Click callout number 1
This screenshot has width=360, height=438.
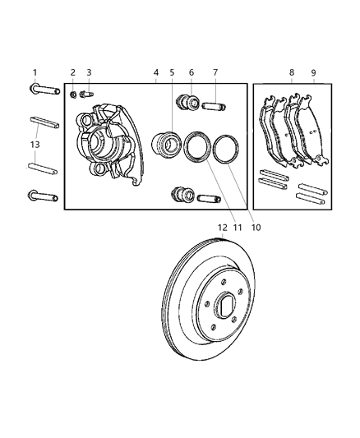pyautogui.click(x=35, y=72)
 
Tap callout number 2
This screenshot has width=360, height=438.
pyautogui.click(x=72, y=72)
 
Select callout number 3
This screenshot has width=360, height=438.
pyautogui.click(x=89, y=72)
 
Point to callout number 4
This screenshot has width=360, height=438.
pyautogui.click(x=155, y=72)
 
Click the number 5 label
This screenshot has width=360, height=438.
pyautogui.click(x=172, y=72)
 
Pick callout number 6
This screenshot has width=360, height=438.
pyautogui.click(x=192, y=72)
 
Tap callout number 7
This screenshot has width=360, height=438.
pyautogui.click(x=215, y=72)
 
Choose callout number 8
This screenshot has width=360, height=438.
pyautogui.click(x=291, y=72)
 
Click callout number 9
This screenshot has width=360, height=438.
pyautogui.click(x=312, y=72)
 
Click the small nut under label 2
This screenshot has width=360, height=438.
pyautogui.click(x=73, y=94)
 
